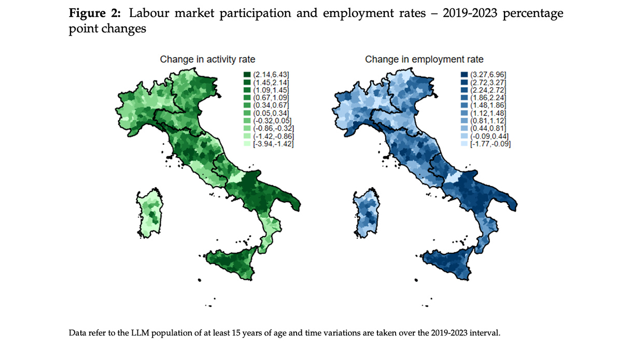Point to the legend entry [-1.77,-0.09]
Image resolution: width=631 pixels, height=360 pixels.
(x=485, y=144)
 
